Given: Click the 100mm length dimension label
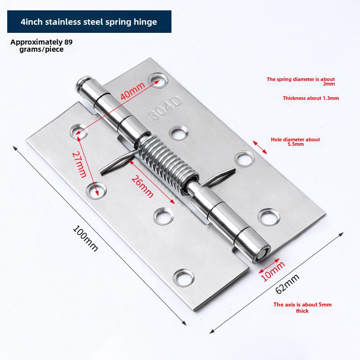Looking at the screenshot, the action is pyautogui.click(x=85, y=239).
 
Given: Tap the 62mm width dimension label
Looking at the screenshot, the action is pyautogui.click(x=287, y=284).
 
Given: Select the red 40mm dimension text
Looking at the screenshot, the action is pyautogui.click(x=133, y=91).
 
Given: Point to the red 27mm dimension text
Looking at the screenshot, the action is pyautogui.click(x=80, y=165).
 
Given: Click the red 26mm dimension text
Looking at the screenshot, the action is pyautogui.click(x=142, y=186).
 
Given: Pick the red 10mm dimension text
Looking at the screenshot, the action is pyautogui.click(x=273, y=272).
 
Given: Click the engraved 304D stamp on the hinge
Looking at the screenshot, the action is pyautogui.click(x=165, y=108).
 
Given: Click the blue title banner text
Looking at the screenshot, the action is pyautogui.click(x=89, y=22).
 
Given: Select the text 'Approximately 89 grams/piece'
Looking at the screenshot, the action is pyautogui.click(x=41, y=45).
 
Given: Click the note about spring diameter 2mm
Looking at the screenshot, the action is pyautogui.click(x=301, y=81).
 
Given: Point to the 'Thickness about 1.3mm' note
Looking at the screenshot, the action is pyautogui.click(x=310, y=98).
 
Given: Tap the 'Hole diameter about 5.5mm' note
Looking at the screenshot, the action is pyautogui.click(x=295, y=142).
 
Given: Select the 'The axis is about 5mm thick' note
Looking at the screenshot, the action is pyautogui.click(x=302, y=308).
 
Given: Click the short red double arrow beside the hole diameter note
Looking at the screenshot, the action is pyautogui.click(x=260, y=147).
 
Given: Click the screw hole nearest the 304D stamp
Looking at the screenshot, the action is pyautogui.click(x=178, y=133).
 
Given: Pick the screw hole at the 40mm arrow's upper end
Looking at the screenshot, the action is pyautogui.click(x=158, y=80).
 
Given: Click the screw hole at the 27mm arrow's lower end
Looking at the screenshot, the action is pyautogui.click(x=96, y=190).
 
